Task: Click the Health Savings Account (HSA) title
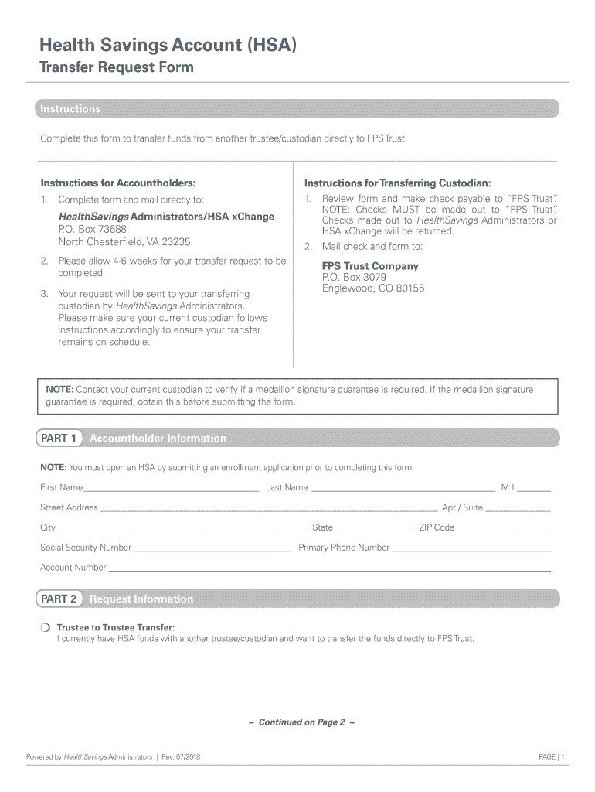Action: pyautogui.click(x=168, y=46)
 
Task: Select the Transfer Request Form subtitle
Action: pyautogui.click(x=117, y=68)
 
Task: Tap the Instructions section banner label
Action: pyautogui.click(x=70, y=109)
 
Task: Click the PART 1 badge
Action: pyautogui.click(x=59, y=439)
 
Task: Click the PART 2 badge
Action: pyautogui.click(x=59, y=599)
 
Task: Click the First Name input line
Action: pyautogui.click(x=172, y=489)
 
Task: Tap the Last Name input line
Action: pyautogui.click(x=402, y=489)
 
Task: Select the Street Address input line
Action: pyautogui.click(x=268, y=509)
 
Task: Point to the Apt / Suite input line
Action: pyautogui.click(x=518, y=509)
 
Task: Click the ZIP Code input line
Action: pyautogui.click(x=503, y=529)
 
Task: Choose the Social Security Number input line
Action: pyautogui.click(x=212, y=549)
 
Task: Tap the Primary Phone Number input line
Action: pyautogui.click(x=471, y=549)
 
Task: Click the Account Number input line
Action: pyautogui.click(x=329, y=568)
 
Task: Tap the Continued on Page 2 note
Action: pyautogui.click(x=301, y=722)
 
